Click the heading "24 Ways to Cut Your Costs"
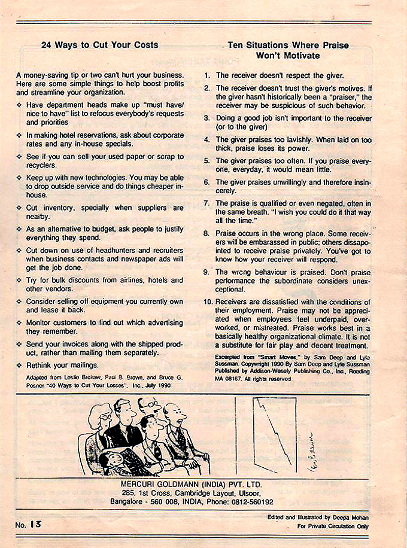(x=99, y=45)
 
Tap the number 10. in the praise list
(x=208, y=302)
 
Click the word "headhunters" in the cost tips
(x=101, y=249)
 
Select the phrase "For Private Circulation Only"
(x=333, y=526)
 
